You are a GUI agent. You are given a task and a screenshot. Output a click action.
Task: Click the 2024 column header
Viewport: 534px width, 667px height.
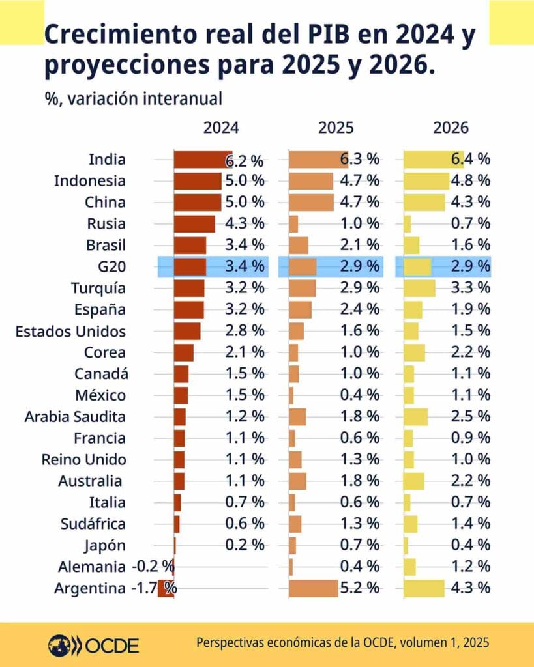(221, 128)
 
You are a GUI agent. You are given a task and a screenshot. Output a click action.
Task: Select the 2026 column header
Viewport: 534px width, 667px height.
(451, 128)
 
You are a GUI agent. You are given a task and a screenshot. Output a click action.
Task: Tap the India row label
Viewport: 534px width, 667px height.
(107, 160)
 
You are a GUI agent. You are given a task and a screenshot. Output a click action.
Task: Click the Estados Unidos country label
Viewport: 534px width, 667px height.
(70, 331)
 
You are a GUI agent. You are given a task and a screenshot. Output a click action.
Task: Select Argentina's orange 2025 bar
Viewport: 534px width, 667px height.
(314, 588)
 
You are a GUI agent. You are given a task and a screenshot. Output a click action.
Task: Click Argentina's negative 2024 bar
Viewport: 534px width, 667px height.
(166, 588)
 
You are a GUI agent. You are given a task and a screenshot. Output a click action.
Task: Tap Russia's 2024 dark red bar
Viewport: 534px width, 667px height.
(194, 224)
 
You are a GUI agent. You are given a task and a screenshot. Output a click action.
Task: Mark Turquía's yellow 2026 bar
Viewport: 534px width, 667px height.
(419, 288)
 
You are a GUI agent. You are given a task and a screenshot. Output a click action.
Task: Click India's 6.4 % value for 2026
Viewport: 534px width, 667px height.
(470, 160)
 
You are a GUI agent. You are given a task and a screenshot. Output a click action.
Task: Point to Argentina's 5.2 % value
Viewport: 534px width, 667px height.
(359, 588)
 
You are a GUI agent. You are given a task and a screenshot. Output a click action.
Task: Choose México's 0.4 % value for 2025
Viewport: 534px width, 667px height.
(359, 395)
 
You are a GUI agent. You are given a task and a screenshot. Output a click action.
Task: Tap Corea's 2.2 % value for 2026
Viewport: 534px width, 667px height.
(470, 352)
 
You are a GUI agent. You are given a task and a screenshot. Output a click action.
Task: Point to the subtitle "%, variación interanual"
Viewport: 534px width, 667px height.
(134, 99)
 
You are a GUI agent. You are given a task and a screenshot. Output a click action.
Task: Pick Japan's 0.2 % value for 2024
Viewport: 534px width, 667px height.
(245, 545)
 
